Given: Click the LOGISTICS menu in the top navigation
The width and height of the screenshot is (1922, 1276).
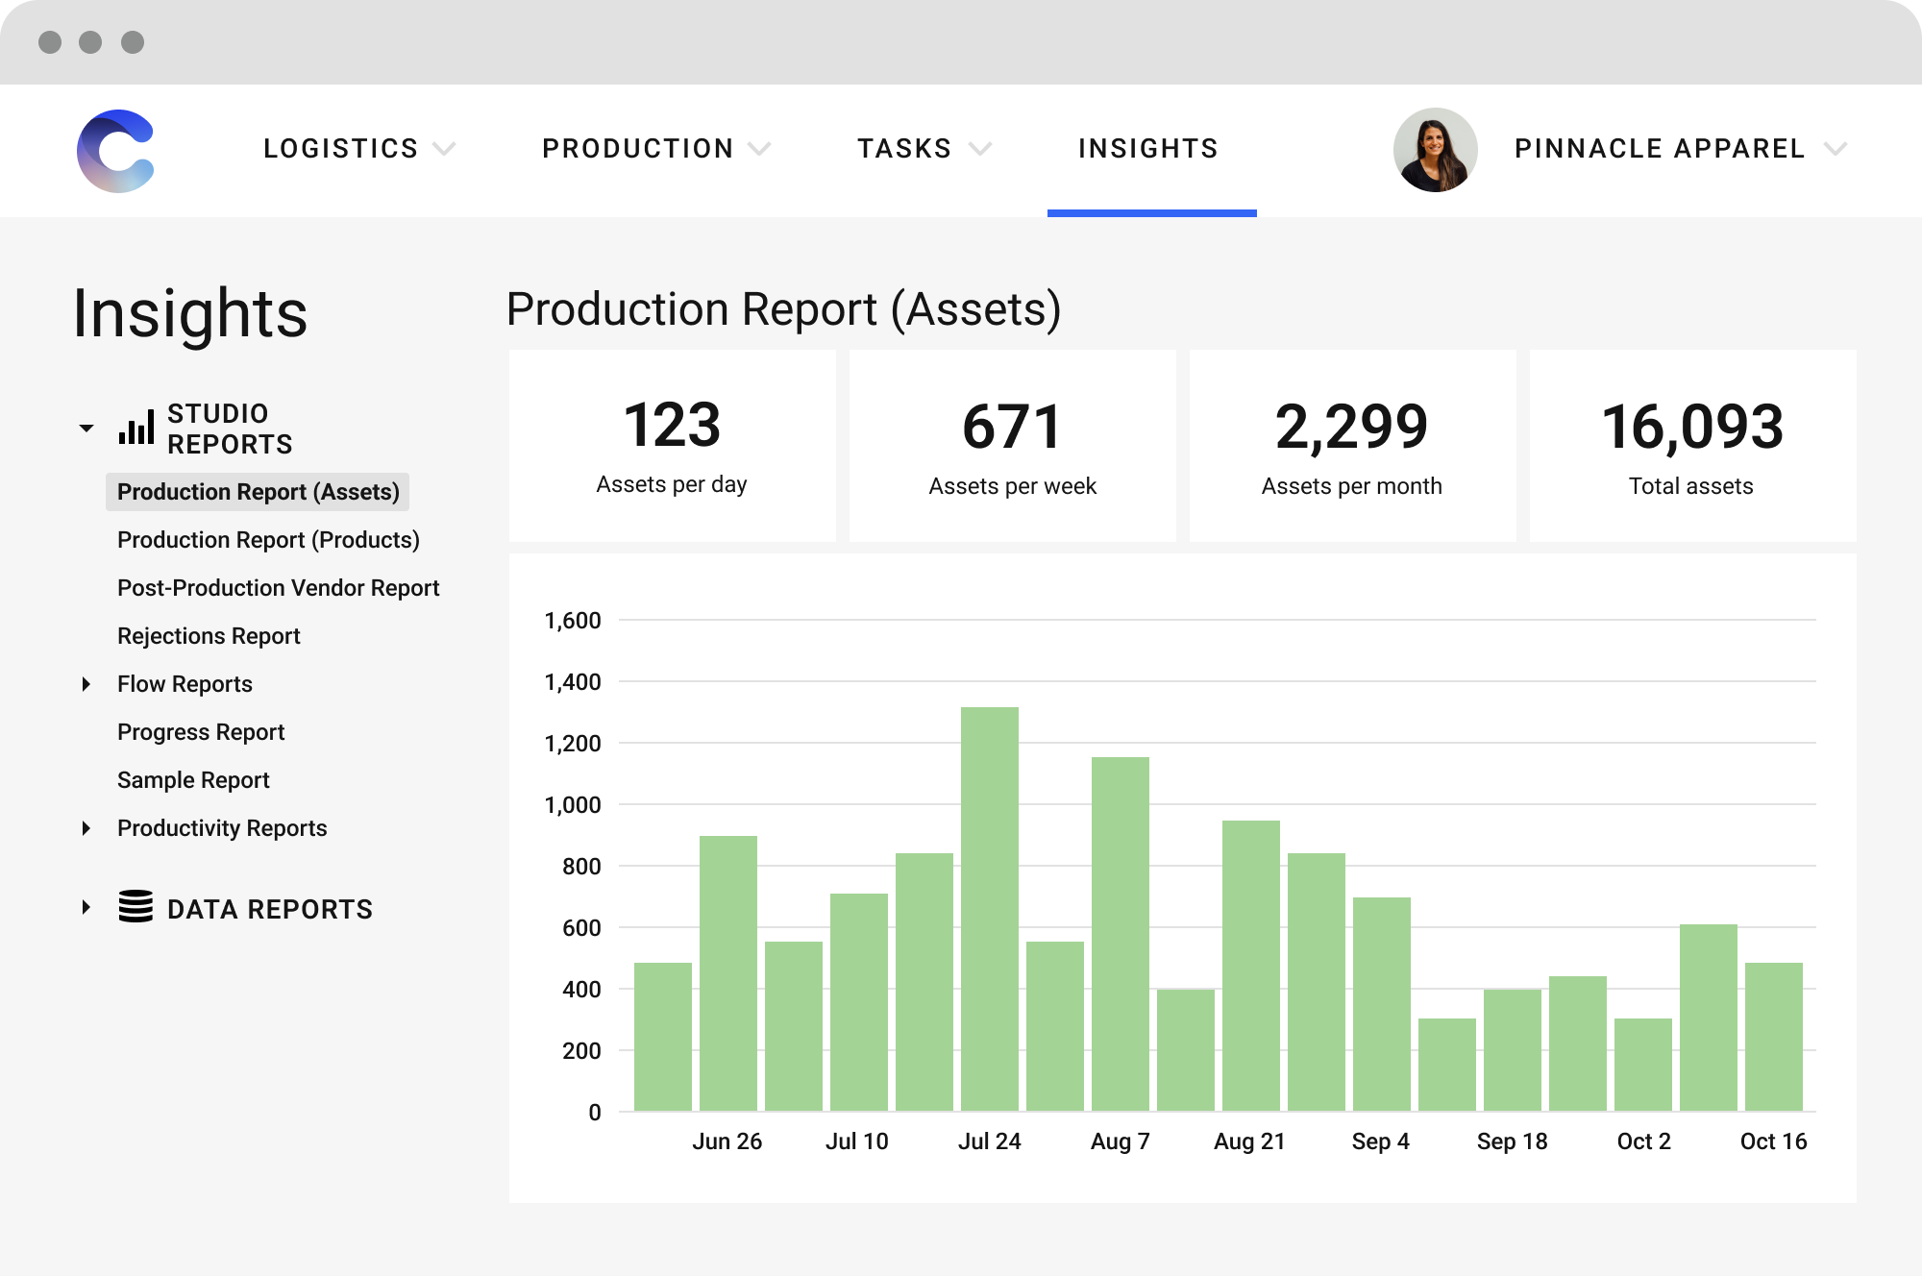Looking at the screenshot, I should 341,149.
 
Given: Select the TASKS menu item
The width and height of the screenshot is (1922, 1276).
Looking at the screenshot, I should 904,149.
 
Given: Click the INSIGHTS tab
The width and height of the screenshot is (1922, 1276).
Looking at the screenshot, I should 1148,149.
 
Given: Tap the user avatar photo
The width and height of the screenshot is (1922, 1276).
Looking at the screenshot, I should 1435,150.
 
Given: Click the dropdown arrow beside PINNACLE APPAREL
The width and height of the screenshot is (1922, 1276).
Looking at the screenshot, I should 1836,149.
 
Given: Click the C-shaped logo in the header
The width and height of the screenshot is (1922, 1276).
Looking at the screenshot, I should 116,151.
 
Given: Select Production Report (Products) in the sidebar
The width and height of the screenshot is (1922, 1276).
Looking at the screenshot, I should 268,540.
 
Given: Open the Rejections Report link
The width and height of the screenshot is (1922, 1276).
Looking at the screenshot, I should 209,636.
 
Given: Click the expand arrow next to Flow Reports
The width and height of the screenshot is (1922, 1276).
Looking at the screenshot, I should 86,684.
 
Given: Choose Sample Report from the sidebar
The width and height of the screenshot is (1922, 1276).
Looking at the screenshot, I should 193,780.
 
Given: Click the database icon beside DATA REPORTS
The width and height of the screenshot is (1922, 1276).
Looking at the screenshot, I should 136,907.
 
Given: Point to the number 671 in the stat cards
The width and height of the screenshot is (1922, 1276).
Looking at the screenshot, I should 1012,427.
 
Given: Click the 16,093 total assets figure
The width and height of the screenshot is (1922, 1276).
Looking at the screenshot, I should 1692,427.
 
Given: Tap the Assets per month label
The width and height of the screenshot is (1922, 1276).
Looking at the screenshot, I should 1351,486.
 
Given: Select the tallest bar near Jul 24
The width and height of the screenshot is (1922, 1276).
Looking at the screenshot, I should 989,908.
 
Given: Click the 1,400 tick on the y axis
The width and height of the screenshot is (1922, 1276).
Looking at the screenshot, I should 573,682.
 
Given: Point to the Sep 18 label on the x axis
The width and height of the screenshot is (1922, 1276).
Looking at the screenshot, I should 1512,1141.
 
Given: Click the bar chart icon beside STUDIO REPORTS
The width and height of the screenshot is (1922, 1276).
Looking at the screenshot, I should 136,429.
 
